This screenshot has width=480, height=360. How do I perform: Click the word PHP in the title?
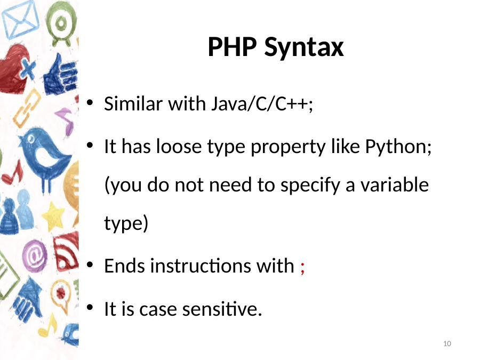click(232, 46)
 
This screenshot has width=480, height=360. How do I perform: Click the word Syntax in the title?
click(304, 49)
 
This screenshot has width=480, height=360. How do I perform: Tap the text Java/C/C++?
click(262, 104)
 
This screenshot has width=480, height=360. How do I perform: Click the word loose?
click(179, 146)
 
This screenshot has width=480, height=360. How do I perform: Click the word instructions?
click(199, 266)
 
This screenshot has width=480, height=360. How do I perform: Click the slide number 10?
click(447, 343)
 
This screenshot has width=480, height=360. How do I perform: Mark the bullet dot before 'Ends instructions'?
click(90, 265)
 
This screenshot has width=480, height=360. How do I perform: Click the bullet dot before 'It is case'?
click(90, 307)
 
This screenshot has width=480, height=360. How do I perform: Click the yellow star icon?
click(53, 216)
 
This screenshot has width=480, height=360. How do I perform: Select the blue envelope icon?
click(20, 19)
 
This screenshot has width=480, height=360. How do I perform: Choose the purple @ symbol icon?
click(34, 255)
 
